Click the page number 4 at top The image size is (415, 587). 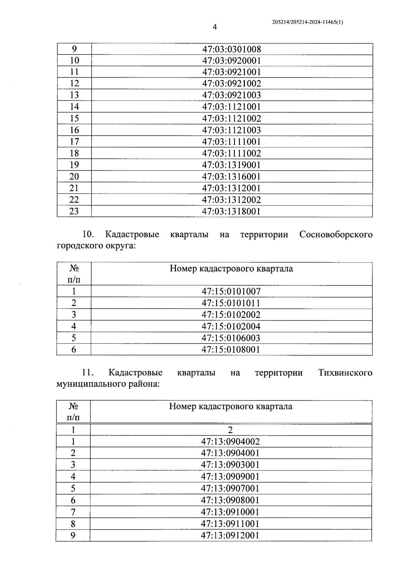coord(214,27)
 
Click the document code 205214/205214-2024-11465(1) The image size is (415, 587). coord(307,22)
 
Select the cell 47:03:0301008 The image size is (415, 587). coord(231,49)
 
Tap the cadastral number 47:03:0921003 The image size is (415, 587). coord(231,95)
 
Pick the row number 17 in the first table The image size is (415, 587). coord(74,141)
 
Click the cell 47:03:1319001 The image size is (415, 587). coord(231,165)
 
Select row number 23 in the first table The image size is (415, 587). coord(74,211)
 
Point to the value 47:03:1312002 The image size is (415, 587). coord(231,200)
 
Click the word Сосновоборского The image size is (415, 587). coord(336,235)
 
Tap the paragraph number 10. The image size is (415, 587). coord(88,235)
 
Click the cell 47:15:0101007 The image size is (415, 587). coord(231,291)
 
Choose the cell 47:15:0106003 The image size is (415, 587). coord(231,338)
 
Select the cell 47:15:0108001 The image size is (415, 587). coord(231,349)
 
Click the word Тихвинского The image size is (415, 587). coord(345,373)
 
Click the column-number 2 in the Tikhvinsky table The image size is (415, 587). coord(230,430)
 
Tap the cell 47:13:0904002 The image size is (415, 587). coord(230,441)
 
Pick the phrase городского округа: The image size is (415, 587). coord(96,246)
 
